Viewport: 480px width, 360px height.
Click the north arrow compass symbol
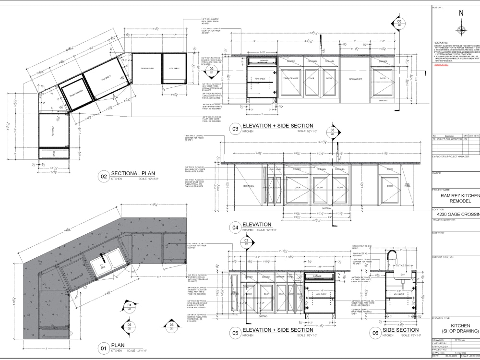[461, 30]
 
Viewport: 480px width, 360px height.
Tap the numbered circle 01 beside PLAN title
[103, 348]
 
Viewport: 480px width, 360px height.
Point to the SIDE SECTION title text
[400, 330]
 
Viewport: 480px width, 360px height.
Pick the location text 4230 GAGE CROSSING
[459, 214]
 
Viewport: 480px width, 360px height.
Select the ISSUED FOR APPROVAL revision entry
[449, 139]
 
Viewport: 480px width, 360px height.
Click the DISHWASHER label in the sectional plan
[147, 69]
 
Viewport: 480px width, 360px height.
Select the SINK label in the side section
[403, 275]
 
